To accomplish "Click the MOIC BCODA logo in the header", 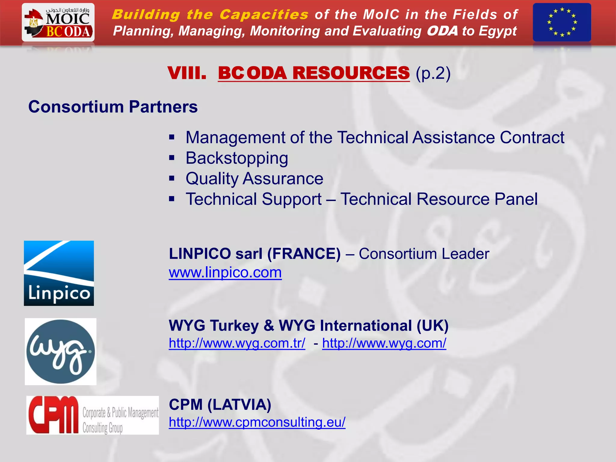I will [58, 23].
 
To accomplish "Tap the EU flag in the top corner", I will [562, 22].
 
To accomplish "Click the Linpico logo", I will [59, 273].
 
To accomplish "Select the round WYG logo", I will [60, 351].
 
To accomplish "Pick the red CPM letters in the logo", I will [53, 415].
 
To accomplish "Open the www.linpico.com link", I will [225, 273].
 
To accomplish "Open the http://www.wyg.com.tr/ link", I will [237, 343].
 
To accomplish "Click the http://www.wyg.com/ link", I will [384, 343].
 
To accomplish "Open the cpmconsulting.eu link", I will [257, 422].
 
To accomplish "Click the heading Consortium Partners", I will [113, 107].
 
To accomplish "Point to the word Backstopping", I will [237, 158].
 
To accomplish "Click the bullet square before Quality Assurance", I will [172, 178].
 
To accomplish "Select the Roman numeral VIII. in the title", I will [187, 73].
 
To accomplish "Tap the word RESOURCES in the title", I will [351, 73].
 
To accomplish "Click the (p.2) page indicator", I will [433, 73].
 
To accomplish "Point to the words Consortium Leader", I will [424, 254].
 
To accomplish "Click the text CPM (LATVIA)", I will [220, 405].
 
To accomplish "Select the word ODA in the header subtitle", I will [442, 31].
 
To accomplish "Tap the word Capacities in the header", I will [264, 14].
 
